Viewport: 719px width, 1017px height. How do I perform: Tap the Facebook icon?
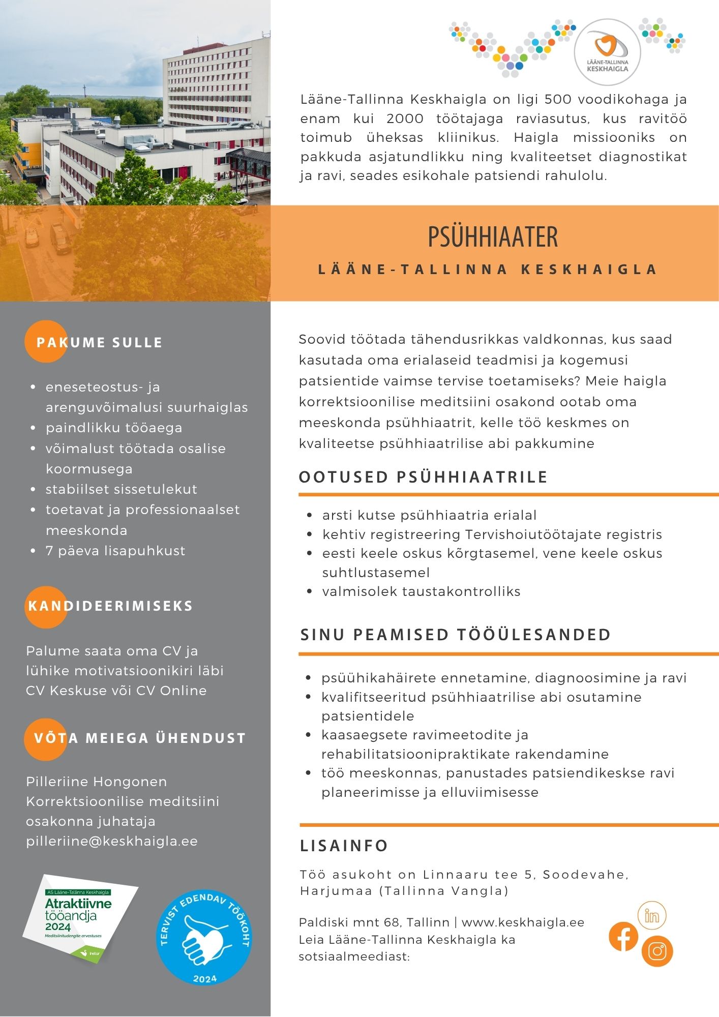click(x=623, y=936)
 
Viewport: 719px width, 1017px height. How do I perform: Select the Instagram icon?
click(x=657, y=951)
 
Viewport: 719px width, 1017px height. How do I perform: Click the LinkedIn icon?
click(x=652, y=915)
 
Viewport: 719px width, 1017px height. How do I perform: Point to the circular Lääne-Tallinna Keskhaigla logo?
click(x=607, y=52)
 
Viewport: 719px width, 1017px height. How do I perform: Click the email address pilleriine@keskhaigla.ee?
click(x=112, y=842)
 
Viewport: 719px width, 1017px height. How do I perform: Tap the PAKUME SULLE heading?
click(x=99, y=342)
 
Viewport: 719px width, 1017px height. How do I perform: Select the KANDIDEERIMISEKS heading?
click(x=110, y=606)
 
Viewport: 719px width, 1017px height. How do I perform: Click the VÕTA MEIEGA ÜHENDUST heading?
click(x=140, y=738)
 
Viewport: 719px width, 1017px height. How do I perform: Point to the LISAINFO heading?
click(x=344, y=846)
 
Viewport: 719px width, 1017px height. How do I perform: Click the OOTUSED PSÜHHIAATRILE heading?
click(x=423, y=477)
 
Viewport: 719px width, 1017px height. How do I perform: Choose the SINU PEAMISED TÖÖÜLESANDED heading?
click(x=456, y=635)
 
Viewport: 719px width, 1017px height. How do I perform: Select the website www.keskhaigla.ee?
click(x=523, y=922)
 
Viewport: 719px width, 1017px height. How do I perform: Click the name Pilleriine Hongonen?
click(x=97, y=782)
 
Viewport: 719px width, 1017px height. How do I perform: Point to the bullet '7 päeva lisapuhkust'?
click(x=115, y=551)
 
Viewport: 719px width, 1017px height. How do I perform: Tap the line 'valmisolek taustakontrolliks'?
click(x=421, y=591)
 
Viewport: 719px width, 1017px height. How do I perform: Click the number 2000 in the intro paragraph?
click(x=405, y=118)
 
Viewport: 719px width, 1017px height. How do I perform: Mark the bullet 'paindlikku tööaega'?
click(x=114, y=428)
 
